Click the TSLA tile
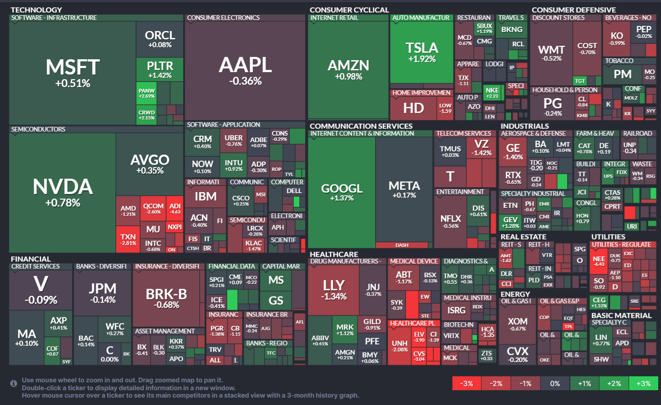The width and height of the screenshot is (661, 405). (x=421, y=52)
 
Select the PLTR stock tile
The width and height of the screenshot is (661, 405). (x=160, y=69)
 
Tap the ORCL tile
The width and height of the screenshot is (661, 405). (x=160, y=39)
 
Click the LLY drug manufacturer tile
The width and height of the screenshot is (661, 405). (x=334, y=289)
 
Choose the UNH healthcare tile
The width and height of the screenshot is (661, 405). (x=400, y=346)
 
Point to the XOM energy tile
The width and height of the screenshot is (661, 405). (x=517, y=324)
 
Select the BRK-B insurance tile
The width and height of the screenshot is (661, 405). (x=167, y=298)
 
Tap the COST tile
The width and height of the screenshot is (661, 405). (x=587, y=48)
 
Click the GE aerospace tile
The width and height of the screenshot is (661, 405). (x=513, y=151)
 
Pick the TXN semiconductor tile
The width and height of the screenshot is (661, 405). (x=128, y=239)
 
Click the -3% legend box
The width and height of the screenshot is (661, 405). (x=466, y=383)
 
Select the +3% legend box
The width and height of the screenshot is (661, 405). (x=643, y=383)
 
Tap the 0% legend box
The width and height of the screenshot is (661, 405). (x=555, y=383)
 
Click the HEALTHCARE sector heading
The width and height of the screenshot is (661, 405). (x=334, y=254)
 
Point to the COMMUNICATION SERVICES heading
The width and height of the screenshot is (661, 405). (x=361, y=126)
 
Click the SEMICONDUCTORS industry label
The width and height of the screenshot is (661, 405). (x=38, y=129)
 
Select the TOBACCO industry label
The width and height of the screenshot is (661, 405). (x=619, y=61)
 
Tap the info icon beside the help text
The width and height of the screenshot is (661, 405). (x=14, y=383)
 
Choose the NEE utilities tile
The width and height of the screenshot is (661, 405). (x=599, y=262)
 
